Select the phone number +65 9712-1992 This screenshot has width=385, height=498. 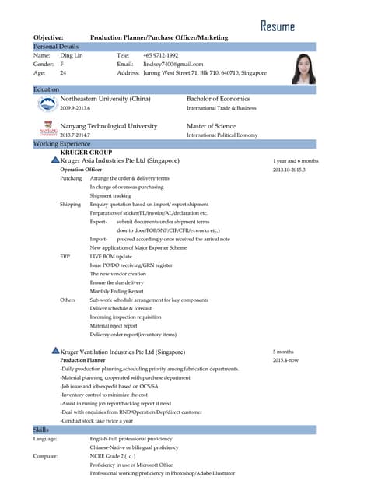pyautogui.click(x=161, y=56)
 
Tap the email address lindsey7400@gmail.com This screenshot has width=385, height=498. pyautogui.click(x=173, y=65)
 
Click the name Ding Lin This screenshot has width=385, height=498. pyautogui.click(x=72, y=56)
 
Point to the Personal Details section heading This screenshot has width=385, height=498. pyautogui.click(x=57, y=47)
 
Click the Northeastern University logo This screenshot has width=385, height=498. pyautogui.click(x=47, y=103)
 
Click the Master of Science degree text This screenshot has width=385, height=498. pyautogui.click(x=211, y=125)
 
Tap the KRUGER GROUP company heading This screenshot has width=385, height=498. pyautogui.click(x=86, y=153)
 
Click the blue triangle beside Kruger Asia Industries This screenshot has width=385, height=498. pyautogui.click(x=54, y=160)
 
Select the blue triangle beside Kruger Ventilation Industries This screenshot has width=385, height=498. pyautogui.click(x=54, y=352)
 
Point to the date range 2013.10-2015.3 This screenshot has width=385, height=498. pyautogui.click(x=289, y=170)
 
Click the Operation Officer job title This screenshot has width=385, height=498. pyautogui.click(x=81, y=170)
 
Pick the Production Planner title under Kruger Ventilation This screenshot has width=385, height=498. pyautogui.click(x=82, y=361)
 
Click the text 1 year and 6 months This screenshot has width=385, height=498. pyautogui.click(x=296, y=161)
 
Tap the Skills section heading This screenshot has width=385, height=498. pyautogui.click(x=41, y=430)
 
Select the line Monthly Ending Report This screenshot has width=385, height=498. pyautogui.click(x=118, y=291)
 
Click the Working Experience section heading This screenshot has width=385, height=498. pyautogui.click(x=61, y=144)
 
